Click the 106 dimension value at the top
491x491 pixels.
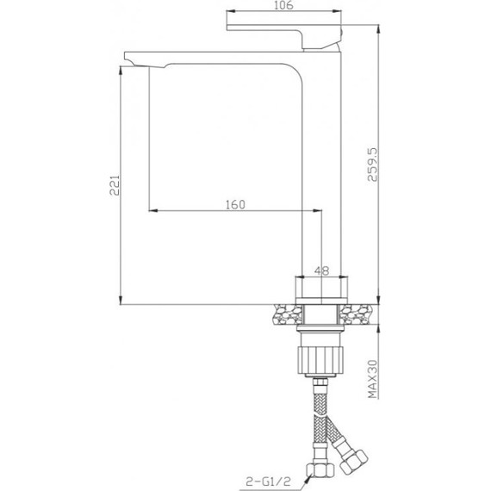pos(287,7)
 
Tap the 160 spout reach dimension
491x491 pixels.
pos(236,204)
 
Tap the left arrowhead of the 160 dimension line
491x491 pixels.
pos(154,210)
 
